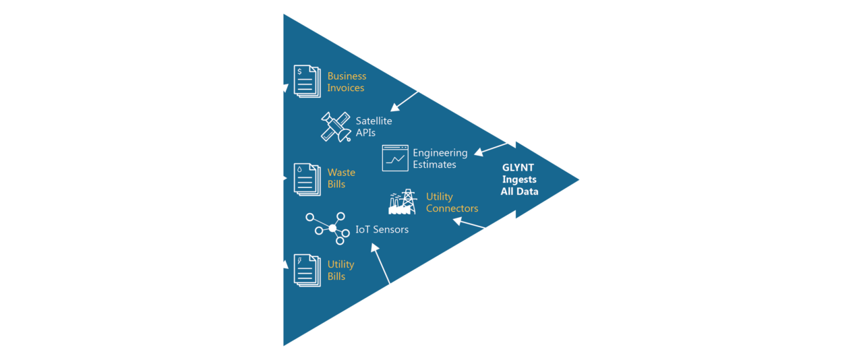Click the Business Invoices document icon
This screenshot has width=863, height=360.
[x=305, y=81]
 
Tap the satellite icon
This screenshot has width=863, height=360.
[x=334, y=126]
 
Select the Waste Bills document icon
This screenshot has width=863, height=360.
[x=305, y=179]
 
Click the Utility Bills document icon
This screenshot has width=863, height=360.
[x=305, y=270]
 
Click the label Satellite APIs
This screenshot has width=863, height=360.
[x=374, y=127]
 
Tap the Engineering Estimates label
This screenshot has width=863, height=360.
[x=440, y=158]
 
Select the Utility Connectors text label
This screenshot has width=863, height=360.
[x=452, y=203]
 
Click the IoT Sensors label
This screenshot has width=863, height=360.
[x=382, y=229]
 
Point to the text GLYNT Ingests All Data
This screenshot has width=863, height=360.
[x=519, y=180]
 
